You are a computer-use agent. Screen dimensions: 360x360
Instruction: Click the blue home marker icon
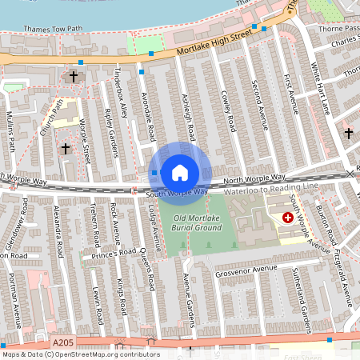coord(180,172)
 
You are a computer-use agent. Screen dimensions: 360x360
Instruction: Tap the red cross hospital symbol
coord(287,217)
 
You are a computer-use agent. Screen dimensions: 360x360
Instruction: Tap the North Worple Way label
coord(254,179)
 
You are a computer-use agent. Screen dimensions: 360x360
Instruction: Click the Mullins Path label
coord(11,131)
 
